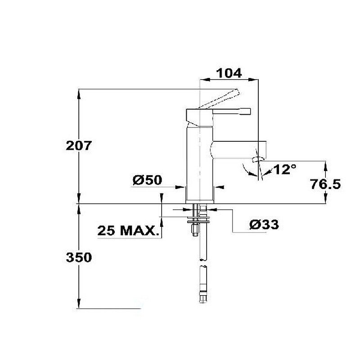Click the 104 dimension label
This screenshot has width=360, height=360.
[x=229, y=73]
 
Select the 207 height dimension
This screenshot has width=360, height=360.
[x=79, y=145]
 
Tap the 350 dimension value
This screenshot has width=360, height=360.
[x=79, y=257]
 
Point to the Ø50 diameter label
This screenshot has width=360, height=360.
[x=148, y=180]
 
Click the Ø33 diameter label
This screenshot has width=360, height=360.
[x=264, y=225]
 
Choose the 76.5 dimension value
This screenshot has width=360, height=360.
[x=325, y=184]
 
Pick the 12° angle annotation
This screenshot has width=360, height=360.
[x=284, y=170]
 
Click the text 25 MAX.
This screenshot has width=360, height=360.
[x=128, y=230]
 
